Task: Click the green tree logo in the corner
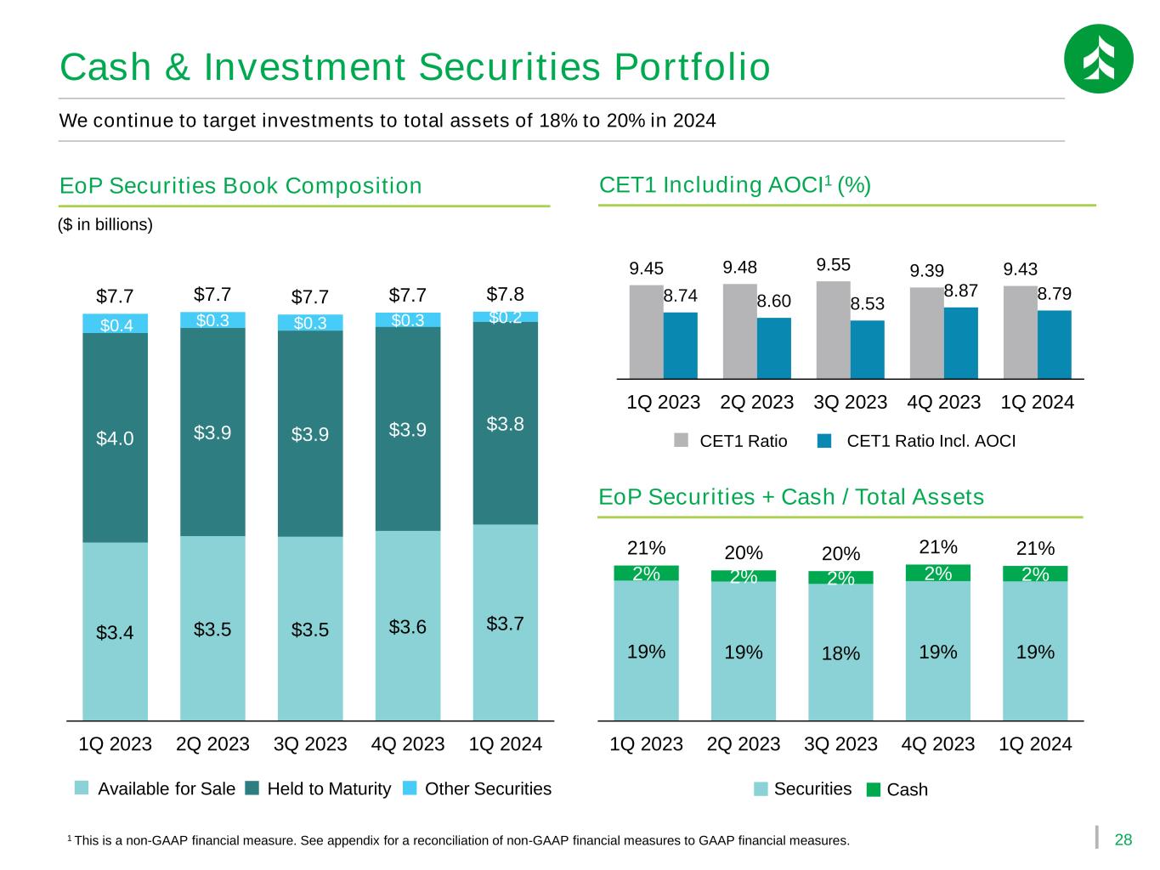(x=1098, y=59)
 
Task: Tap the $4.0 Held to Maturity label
(x=115, y=438)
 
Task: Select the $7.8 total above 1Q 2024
(x=505, y=295)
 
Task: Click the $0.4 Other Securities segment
(x=116, y=324)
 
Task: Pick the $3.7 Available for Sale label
(x=505, y=624)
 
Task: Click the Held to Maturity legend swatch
(x=252, y=788)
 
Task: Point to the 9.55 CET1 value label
(x=834, y=265)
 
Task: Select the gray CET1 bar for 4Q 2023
(x=926, y=332)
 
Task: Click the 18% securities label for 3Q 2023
(x=840, y=653)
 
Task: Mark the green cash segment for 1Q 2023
(x=646, y=573)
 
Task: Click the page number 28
(x=1123, y=840)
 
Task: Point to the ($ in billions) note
(x=105, y=225)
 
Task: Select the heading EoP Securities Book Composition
(x=240, y=186)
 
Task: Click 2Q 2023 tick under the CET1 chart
(x=756, y=402)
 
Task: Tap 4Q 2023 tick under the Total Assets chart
(x=937, y=744)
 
